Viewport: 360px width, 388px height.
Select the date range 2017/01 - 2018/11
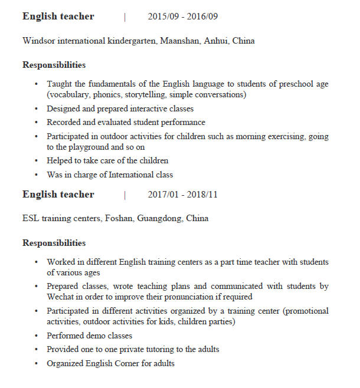[x=182, y=195]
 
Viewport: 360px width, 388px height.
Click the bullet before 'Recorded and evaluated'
[x=37, y=123]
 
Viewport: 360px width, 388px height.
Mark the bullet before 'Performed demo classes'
[x=37, y=336]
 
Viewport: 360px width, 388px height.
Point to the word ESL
[x=31, y=219]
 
